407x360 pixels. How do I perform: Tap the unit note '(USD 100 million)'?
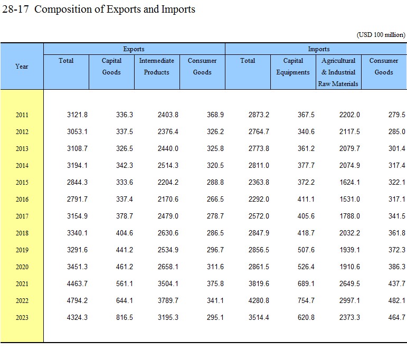[381, 35]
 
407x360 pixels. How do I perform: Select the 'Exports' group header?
[134, 49]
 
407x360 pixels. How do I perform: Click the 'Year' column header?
[22, 67]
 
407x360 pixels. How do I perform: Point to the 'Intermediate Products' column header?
[157, 67]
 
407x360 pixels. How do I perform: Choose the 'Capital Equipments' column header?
[293, 67]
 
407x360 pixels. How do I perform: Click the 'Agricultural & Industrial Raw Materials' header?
[338, 72]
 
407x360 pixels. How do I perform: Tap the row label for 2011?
[22, 115]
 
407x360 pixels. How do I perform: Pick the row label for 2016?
[22, 200]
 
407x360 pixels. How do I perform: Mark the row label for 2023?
[22, 318]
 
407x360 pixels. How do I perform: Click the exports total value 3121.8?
[78, 115]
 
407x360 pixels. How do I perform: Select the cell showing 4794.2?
[78, 301]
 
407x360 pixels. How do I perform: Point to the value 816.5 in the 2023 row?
[123, 318]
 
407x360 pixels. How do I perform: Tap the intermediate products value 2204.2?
[168, 183]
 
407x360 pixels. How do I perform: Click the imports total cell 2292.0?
[259, 200]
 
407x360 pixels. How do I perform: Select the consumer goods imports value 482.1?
[395, 301]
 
